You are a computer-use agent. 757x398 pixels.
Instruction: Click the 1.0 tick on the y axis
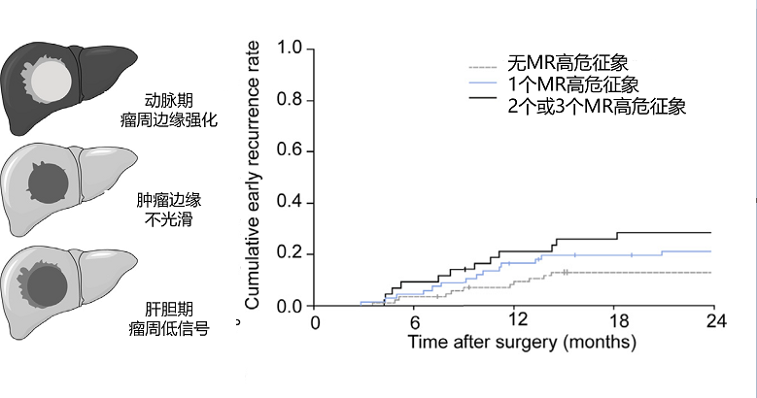point(289,50)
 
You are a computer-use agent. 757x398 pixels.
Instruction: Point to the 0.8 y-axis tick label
point(289,100)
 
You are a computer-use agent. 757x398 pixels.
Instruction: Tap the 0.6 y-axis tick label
point(289,151)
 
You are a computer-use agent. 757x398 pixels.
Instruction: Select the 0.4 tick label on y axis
point(289,203)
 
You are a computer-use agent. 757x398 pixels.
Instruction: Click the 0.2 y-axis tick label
point(289,254)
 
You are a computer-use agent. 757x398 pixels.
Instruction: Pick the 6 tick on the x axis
point(415,321)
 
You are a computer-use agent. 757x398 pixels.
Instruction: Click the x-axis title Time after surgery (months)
point(523,342)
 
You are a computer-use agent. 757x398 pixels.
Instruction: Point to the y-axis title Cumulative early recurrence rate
point(252,175)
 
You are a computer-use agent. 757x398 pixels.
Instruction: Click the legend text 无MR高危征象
point(568,63)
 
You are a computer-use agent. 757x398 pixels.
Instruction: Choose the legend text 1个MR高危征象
point(573,84)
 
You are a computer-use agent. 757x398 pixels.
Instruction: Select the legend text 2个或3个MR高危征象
point(597,106)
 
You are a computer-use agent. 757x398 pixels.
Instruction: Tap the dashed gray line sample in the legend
point(483,67)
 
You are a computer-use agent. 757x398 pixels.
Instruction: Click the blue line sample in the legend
point(483,83)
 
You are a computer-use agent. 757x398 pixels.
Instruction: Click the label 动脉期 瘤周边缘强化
point(169,110)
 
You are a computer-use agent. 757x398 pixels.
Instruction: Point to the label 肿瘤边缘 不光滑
point(169,210)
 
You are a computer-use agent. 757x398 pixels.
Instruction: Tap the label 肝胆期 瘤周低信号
point(169,318)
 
